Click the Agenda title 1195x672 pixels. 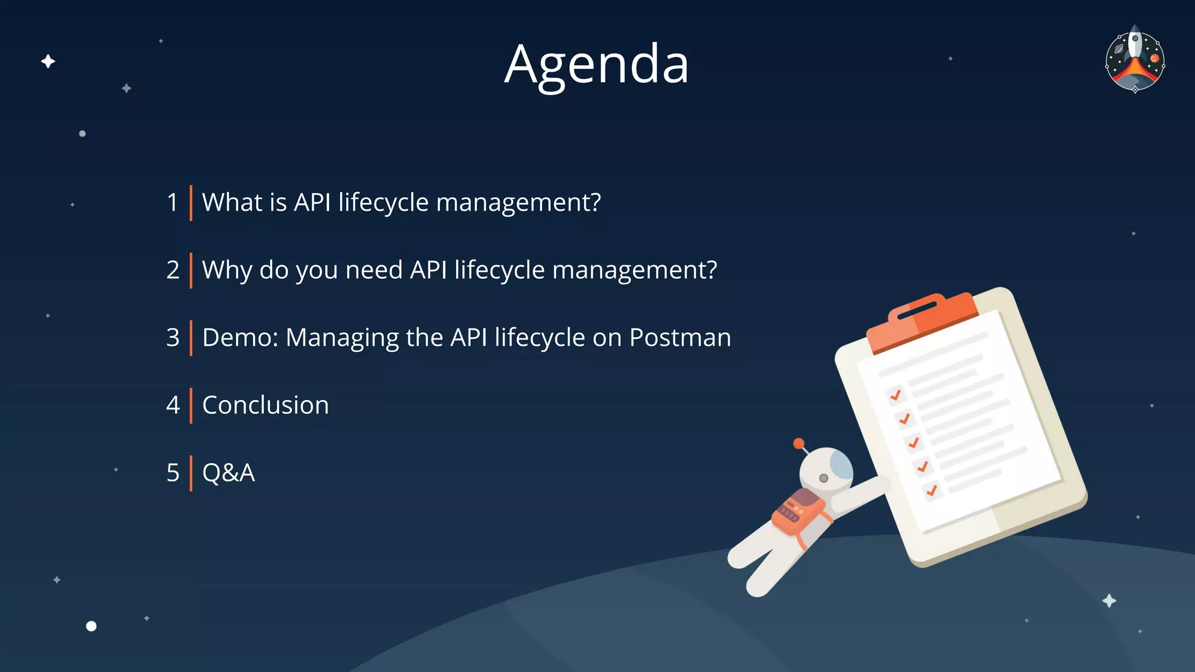(x=596, y=64)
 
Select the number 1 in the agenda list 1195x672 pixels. (x=172, y=202)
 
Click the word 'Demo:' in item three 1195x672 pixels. (x=240, y=338)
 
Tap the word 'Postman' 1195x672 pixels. (x=680, y=338)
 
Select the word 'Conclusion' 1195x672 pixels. (x=265, y=405)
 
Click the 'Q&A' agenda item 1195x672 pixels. (x=228, y=473)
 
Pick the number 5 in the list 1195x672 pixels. (x=173, y=473)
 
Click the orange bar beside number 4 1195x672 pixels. (x=191, y=405)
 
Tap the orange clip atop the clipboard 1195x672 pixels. (x=922, y=318)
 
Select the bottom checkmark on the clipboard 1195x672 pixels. (x=932, y=490)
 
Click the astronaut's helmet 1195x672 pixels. (x=825, y=470)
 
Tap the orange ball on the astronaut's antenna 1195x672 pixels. (x=799, y=443)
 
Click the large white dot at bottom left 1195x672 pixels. (x=91, y=626)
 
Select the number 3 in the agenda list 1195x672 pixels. (x=173, y=338)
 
